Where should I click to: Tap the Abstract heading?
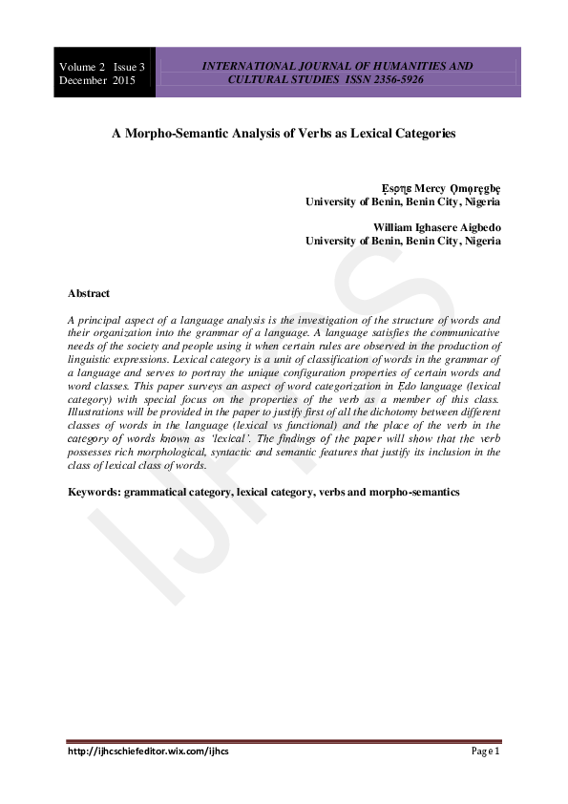coord(89,293)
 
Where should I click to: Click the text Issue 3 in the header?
coord(129,67)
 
